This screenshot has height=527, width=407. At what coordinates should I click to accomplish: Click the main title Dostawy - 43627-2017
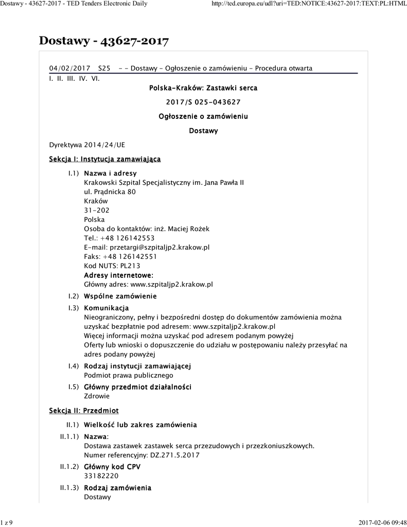[104, 41]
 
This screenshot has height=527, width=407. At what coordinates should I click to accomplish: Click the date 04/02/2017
[69, 68]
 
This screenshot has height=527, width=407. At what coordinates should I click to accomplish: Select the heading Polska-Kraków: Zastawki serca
[203, 88]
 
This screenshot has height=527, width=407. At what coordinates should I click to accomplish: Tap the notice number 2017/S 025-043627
[203, 102]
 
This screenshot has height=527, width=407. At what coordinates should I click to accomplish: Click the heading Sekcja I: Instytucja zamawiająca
[105, 159]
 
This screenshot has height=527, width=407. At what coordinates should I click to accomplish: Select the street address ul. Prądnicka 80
[110, 191]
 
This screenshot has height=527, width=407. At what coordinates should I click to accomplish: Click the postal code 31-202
[97, 210]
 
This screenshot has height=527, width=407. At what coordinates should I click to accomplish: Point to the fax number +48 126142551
[129, 256]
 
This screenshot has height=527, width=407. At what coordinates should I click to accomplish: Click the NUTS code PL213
[130, 266]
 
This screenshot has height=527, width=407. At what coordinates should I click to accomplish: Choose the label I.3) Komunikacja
[106, 308]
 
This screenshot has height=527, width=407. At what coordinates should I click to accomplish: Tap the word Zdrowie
[97, 396]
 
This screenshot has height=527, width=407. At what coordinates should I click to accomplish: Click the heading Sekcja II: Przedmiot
[84, 410]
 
